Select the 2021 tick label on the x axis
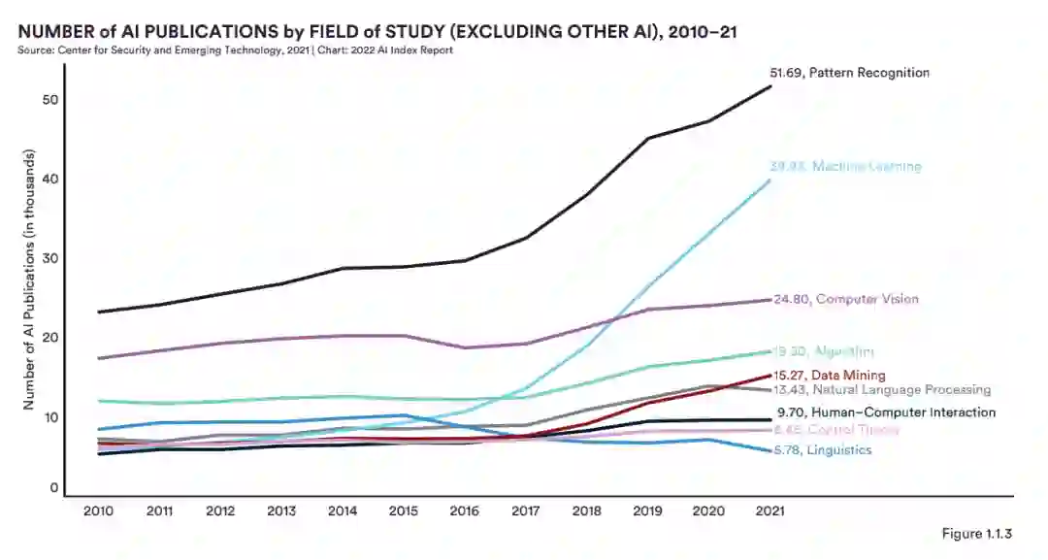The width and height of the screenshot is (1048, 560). (x=771, y=511)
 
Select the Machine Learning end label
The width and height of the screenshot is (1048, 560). (x=845, y=166)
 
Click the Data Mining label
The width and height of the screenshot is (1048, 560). (x=831, y=375)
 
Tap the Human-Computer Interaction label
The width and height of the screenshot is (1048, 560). (x=886, y=412)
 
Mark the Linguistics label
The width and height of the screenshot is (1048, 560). (x=824, y=450)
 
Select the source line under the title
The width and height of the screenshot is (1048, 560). (x=234, y=49)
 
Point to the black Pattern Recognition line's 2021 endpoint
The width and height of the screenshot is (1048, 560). (x=771, y=86)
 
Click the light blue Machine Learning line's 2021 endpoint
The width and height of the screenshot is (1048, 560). (x=771, y=180)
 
